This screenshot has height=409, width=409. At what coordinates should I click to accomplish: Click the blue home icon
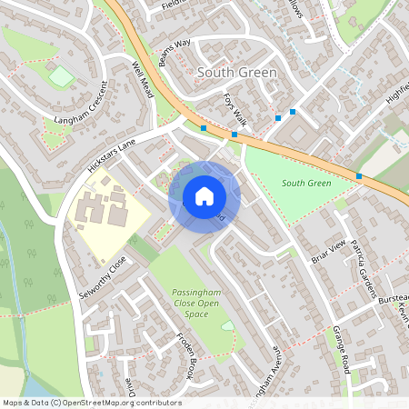[x=204, y=196]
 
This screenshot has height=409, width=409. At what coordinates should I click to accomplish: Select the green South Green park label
[x=305, y=183]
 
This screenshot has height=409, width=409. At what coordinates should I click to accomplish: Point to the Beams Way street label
[x=176, y=53]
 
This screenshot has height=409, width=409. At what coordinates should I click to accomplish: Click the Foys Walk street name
[x=235, y=108]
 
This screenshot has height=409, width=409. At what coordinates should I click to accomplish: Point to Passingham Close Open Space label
[x=184, y=303]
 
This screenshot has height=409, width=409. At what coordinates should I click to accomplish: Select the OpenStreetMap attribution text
[x=92, y=402]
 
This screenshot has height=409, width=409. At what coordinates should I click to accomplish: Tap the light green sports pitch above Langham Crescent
[x=61, y=76]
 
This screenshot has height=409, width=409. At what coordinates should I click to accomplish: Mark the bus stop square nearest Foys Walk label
[x=234, y=135]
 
